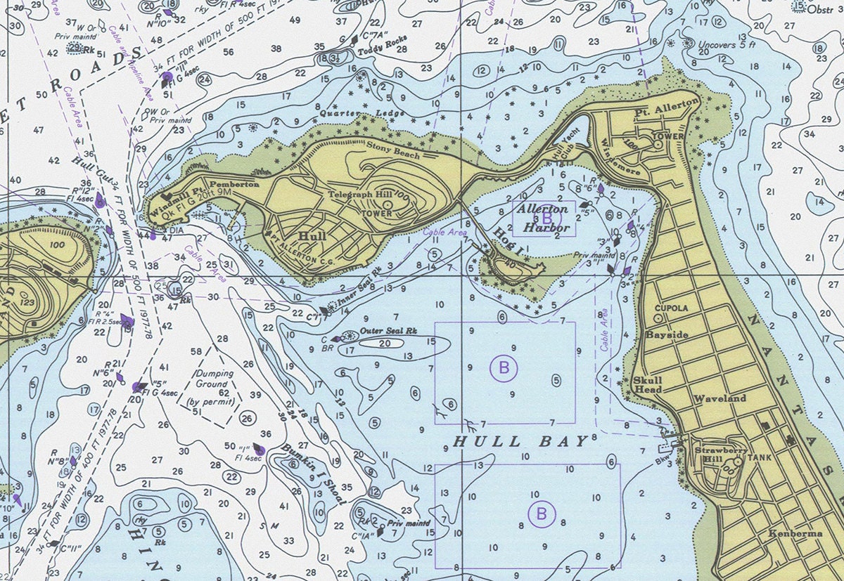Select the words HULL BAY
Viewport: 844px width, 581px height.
(520, 441)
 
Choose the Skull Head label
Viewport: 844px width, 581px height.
(647, 385)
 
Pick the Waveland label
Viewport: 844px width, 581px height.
(720, 398)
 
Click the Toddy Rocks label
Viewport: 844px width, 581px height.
(383, 51)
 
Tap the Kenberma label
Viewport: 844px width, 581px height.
(795, 533)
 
